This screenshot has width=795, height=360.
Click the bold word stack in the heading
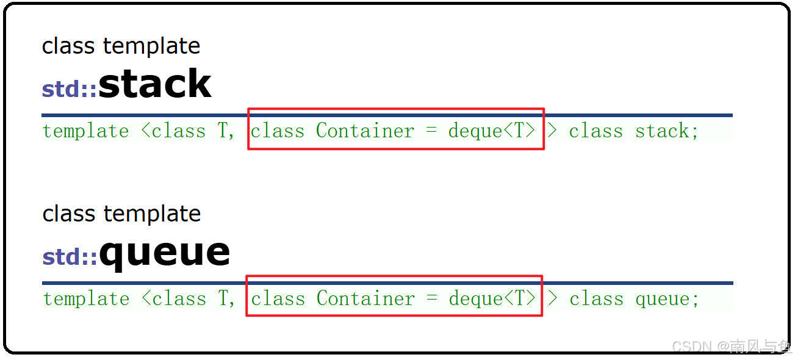pyautogui.click(x=154, y=84)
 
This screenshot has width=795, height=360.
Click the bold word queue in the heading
pyautogui.click(x=164, y=252)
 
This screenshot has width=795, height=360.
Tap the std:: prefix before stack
pyautogui.click(x=69, y=89)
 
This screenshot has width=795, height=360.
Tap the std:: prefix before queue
pyautogui.click(x=70, y=257)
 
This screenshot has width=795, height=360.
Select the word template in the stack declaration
pyautogui.click(x=86, y=131)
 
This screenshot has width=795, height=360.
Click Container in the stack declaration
pyautogui.click(x=365, y=131)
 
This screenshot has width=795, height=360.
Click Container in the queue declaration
pyautogui.click(x=365, y=299)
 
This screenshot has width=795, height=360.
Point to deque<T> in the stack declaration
pyautogui.click(x=492, y=131)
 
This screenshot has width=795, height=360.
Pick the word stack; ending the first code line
pyautogui.click(x=667, y=131)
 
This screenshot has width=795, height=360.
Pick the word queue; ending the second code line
pyautogui.click(x=667, y=299)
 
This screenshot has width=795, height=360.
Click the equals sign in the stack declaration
pyautogui.click(x=431, y=131)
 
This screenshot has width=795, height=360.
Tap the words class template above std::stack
pyautogui.click(x=121, y=46)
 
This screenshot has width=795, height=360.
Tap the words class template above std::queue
pyautogui.click(x=121, y=214)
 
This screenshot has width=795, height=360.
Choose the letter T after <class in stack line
pyautogui.click(x=223, y=131)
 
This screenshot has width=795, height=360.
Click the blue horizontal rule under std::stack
pyautogui.click(x=387, y=115)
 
